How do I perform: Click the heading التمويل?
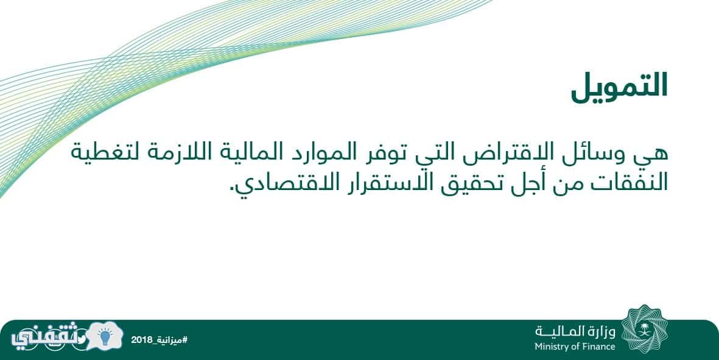[x=619, y=87]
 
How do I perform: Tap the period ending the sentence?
[x=231, y=190]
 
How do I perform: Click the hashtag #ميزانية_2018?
[x=159, y=341]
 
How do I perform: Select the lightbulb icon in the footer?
[x=105, y=337]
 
